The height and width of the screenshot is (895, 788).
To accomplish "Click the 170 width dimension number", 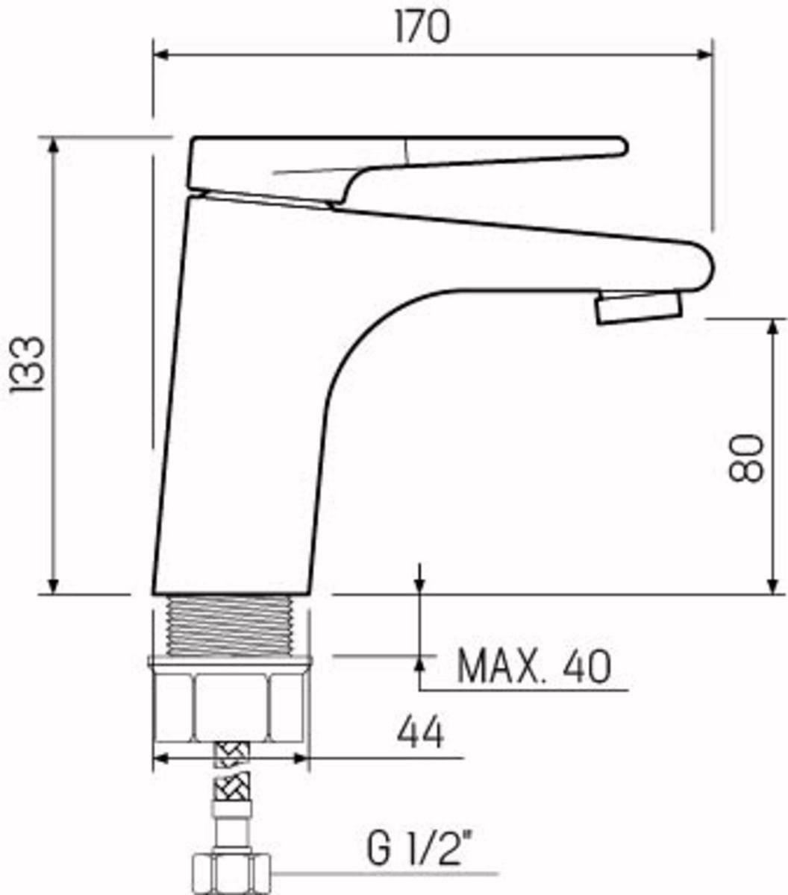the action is (x=422, y=28).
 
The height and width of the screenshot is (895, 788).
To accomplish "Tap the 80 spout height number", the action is (x=745, y=457).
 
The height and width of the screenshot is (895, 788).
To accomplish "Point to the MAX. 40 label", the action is (x=534, y=667).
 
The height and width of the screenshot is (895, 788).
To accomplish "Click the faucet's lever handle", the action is (x=407, y=170).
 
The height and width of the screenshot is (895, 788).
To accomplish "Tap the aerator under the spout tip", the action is (x=639, y=307).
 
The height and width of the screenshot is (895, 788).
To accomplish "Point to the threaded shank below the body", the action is (x=231, y=626).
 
